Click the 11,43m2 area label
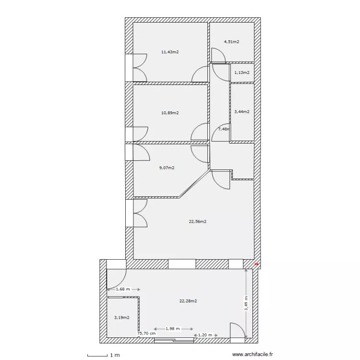click(170, 52)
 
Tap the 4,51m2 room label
click(231, 42)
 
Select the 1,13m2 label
click(241, 73)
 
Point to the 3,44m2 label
click(241, 112)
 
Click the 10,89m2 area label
click(170, 113)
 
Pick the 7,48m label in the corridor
click(224, 129)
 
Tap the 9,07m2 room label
click(166, 168)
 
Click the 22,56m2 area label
click(197, 222)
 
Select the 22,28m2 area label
click(188, 301)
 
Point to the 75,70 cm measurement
click(146, 333)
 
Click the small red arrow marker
click(257, 264)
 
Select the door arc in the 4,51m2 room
click(218, 57)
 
